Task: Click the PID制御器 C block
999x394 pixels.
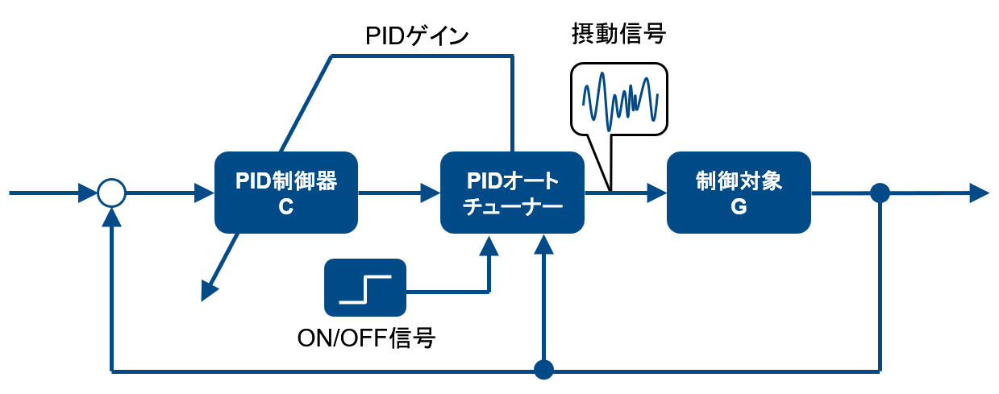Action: click(x=285, y=193)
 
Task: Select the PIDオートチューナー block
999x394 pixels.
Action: click(x=512, y=193)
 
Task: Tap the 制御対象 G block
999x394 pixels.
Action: click(x=738, y=193)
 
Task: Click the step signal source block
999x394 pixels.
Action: click(x=364, y=288)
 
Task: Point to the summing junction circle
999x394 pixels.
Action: click(x=111, y=193)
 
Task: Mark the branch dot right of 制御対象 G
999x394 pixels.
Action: click(x=880, y=193)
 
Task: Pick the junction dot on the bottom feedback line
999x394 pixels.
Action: click(x=545, y=371)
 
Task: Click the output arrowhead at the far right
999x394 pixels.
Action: click(x=979, y=193)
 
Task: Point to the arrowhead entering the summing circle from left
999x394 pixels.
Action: click(x=87, y=193)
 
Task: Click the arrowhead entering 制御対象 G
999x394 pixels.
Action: click(x=658, y=193)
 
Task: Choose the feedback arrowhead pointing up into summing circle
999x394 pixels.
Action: click(x=111, y=217)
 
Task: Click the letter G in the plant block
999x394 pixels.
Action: click(x=738, y=207)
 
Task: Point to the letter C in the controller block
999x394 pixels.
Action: click(x=285, y=207)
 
